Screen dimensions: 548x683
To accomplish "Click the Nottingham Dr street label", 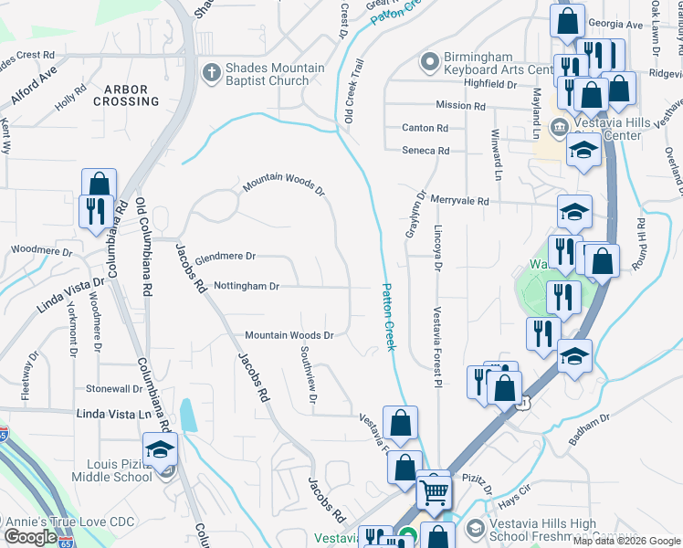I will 247,286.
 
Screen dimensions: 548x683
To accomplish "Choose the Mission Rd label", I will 460,106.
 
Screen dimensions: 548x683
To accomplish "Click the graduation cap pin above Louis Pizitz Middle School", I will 161,449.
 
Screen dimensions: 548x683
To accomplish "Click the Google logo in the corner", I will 30,537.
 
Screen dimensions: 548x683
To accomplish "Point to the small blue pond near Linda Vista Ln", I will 187,415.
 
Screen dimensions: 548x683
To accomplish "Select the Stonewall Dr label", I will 113,389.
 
